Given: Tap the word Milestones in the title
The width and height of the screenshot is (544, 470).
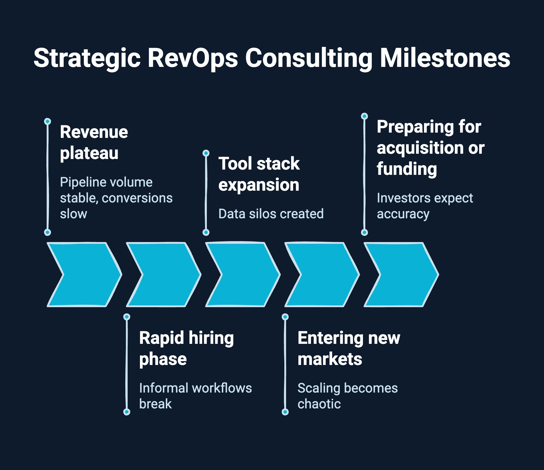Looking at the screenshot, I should (x=445, y=58).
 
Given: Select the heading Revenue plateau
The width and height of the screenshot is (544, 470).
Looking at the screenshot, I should (x=94, y=142).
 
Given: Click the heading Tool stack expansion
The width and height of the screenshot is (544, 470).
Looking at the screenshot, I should (x=259, y=174).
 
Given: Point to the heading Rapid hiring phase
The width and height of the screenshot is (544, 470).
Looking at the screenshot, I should (x=186, y=348).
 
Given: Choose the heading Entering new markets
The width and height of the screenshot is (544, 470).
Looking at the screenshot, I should (x=349, y=348).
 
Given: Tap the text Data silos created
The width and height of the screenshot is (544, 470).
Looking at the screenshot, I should (x=271, y=214).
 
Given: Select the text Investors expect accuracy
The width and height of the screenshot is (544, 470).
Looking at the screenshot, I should (x=425, y=206).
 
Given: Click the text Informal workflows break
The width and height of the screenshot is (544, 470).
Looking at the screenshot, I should (x=195, y=396).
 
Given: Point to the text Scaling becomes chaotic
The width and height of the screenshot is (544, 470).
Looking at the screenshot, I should (x=347, y=396).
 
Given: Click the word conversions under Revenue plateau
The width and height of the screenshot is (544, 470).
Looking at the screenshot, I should (x=137, y=198).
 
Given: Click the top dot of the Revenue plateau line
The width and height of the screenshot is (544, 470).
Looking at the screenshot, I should (x=48, y=121).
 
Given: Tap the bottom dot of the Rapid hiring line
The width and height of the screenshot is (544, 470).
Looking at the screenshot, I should (x=127, y=412).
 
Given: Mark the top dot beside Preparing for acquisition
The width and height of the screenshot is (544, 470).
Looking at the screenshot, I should (x=364, y=116).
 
